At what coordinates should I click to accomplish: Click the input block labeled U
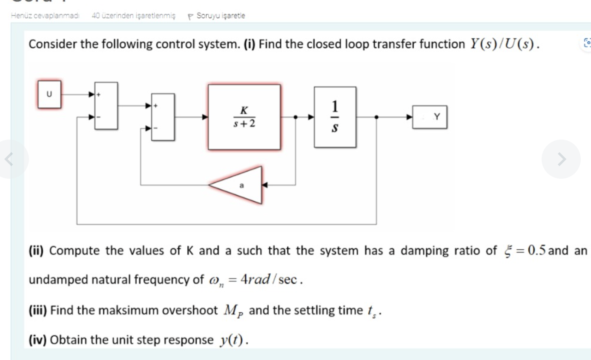click(49, 94)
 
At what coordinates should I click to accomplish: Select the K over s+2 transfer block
click(244, 117)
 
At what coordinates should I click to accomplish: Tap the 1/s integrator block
click(335, 117)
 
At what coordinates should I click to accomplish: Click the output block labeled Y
click(430, 117)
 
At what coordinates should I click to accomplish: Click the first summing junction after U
click(106, 106)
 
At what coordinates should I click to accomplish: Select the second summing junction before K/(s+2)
click(163, 117)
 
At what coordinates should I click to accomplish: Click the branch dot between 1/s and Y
click(376, 117)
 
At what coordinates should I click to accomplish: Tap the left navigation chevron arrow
click(9, 159)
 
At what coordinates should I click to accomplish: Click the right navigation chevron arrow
click(561, 159)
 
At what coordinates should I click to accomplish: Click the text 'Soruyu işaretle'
click(221, 16)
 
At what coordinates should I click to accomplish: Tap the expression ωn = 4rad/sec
click(254, 280)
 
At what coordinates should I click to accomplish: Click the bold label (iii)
click(38, 311)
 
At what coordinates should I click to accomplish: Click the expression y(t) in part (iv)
click(232, 340)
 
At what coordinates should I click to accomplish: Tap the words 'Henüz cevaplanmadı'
click(45, 16)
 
